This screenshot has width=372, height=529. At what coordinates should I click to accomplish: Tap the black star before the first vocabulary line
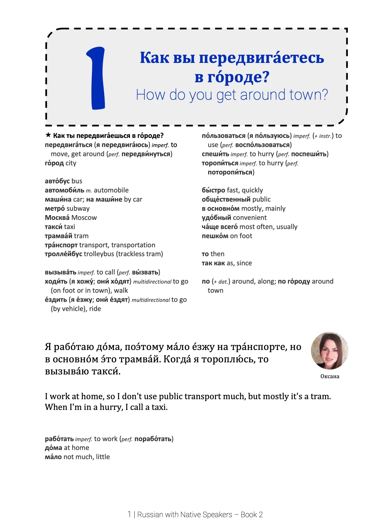(x=48, y=135)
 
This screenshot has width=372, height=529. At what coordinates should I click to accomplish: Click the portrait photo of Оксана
(x=330, y=351)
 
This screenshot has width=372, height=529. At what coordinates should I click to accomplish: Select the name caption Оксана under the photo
(x=330, y=376)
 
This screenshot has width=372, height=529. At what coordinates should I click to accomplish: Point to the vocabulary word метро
(x=55, y=209)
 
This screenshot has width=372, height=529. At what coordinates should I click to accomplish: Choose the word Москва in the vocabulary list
(x=57, y=218)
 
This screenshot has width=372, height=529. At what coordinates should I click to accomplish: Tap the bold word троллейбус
(x=63, y=254)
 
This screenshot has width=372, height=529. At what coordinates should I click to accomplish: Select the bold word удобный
(x=216, y=218)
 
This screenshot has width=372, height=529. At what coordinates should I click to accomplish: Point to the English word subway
(x=78, y=209)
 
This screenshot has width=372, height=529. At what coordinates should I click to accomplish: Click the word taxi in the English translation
(x=159, y=407)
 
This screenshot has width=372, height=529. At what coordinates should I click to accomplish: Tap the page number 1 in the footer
(x=129, y=514)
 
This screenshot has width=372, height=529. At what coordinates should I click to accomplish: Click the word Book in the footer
(x=249, y=514)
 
